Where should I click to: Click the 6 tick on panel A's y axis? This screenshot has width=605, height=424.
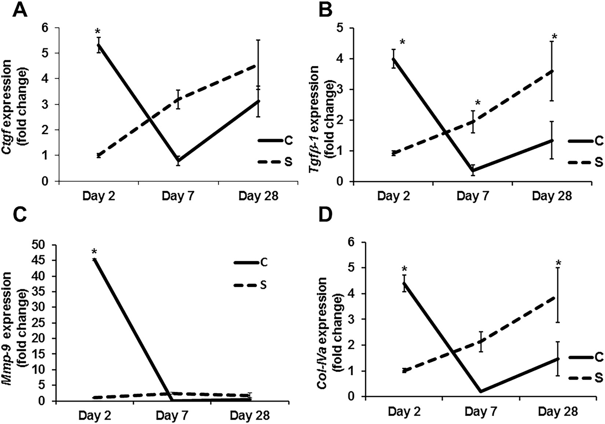tap(47, 28)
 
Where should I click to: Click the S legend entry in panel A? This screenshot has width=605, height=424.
tap(288, 162)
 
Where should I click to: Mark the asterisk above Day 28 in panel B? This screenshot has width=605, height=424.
tap(554, 37)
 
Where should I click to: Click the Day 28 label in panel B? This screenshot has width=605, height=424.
tap(552, 196)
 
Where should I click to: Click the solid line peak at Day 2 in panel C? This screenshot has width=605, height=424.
tap(95, 259)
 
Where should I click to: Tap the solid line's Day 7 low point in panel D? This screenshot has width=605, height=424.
tap(481, 391)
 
